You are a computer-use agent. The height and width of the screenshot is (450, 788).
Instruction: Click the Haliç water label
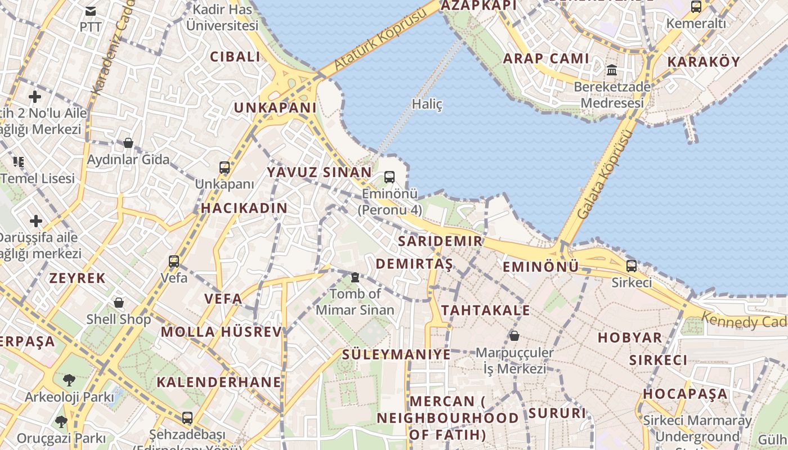[x=427, y=104]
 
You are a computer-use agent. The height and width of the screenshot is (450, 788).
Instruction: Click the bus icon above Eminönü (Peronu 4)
[x=389, y=177]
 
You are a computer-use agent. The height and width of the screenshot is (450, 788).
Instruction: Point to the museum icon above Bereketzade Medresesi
[x=612, y=70]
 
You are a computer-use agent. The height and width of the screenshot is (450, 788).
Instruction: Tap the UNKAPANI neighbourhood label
[x=275, y=108]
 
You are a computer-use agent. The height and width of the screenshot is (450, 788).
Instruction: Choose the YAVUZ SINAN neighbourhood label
[x=319, y=172]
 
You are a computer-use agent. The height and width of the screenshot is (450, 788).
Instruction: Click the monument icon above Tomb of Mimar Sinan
[x=355, y=277]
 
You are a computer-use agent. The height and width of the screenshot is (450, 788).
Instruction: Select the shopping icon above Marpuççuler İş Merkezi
[x=514, y=336]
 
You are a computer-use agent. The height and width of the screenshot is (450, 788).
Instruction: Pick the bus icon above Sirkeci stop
[x=632, y=266]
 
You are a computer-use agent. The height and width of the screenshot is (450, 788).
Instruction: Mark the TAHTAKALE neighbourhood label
[x=485, y=310]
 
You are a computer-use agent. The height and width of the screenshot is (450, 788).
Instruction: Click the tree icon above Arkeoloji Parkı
[x=69, y=380]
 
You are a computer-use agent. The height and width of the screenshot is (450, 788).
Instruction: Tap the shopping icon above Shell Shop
[x=119, y=303]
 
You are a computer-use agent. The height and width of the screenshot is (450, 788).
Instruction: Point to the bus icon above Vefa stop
[x=174, y=261]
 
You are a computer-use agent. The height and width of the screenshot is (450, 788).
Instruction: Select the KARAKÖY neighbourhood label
[x=704, y=62]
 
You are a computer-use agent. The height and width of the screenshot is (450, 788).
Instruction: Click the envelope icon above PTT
[x=90, y=11]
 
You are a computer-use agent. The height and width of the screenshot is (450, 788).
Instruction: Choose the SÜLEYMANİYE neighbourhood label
[x=396, y=354]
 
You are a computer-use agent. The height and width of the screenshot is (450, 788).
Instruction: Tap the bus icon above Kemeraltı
[x=696, y=7]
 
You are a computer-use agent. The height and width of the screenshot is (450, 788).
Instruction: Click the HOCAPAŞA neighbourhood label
[x=686, y=394]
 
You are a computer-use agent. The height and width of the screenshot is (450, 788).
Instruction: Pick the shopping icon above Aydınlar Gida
[x=128, y=143]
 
